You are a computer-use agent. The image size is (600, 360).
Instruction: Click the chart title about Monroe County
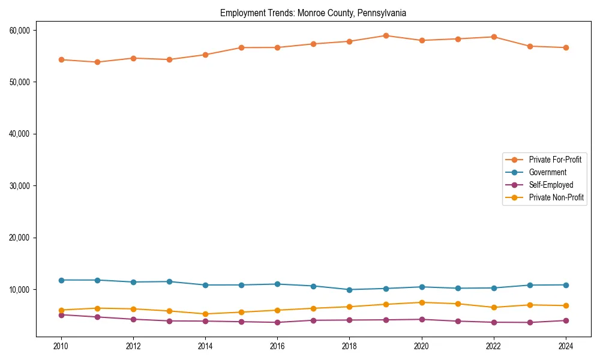click(x=313, y=13)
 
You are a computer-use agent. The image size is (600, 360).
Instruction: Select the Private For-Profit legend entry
click(x=554, y=160)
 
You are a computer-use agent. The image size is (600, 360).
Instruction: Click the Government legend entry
click(x=547, y=172)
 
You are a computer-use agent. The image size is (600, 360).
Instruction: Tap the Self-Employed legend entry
click(x=551, y=185)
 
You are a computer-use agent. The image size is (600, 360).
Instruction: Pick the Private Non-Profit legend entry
click(x=556, y=197)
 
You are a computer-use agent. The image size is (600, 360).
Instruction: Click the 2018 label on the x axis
click(x=349, y=346)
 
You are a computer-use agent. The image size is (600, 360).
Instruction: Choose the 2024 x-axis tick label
click(x=565, y=346)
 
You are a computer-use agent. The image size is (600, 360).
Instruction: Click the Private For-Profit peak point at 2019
click(x=386, y=35)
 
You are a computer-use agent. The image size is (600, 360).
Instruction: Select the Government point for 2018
click(x=349, y=290)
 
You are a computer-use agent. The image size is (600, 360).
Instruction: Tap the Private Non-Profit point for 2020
click(x=422, y=302)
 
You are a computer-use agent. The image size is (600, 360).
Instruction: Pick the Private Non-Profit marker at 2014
click(x=205, y=314)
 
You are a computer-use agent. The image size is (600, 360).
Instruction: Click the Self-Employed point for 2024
click(x=565, y=320)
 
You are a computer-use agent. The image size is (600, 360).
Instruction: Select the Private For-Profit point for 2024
click(x=565, y=47)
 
